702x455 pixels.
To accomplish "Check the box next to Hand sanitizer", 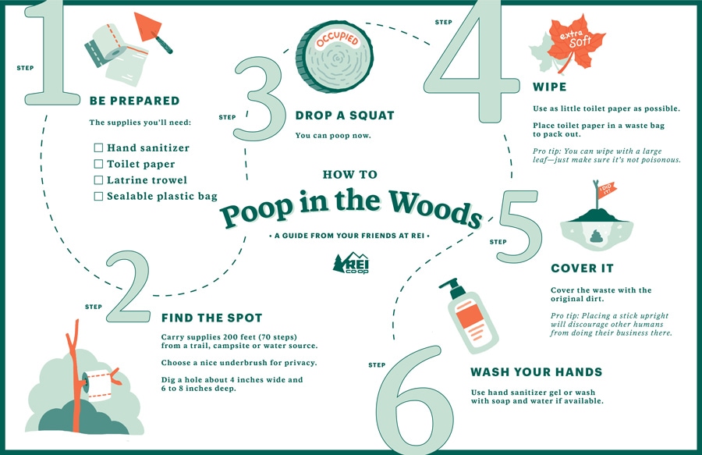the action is (98, 148).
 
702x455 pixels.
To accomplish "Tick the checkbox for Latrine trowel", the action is (98, 180).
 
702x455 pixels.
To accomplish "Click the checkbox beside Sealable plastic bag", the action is (98, 196).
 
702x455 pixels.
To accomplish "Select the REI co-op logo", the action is (351, 263).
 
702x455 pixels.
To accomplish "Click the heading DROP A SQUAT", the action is (345, 116).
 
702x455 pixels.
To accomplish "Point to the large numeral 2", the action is (128, 286).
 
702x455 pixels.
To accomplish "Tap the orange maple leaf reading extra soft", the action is (576, 41).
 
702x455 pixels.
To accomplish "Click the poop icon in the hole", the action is (597, 236).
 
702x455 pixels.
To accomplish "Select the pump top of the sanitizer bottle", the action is (452, 286).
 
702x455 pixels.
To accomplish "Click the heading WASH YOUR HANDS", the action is (537, 372).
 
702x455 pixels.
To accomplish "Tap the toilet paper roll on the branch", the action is (97, 383).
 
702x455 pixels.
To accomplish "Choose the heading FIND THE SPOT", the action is (211, 318).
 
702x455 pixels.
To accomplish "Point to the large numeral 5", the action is (519, 226).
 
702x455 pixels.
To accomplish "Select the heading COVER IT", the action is (582, 268).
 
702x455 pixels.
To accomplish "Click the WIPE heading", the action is (549, 87).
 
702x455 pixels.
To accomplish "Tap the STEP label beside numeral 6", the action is (377, 365).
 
